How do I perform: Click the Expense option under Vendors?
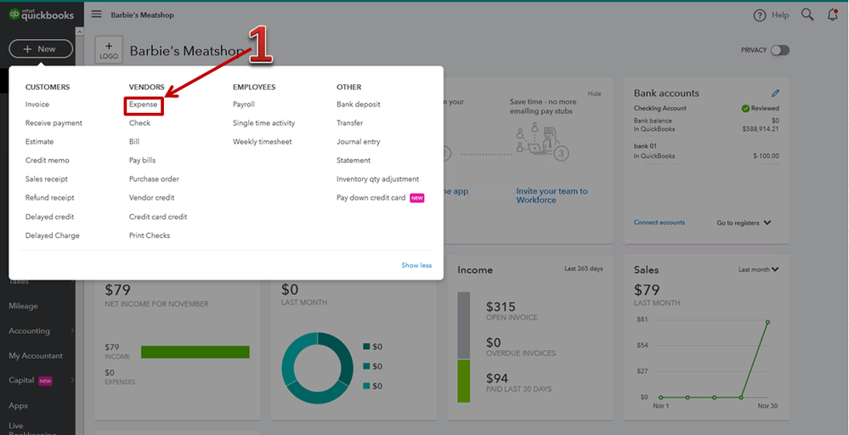[x=143, y=105]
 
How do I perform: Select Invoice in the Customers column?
[x=37, y=105]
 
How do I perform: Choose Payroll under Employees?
[x=244, y=105]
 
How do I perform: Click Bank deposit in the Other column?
[x=359, y=105]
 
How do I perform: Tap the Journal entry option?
[x=359, y=142]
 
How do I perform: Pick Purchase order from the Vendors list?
[x=154, y=179]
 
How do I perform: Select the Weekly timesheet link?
[x=262, y=142]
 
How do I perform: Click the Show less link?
[x=416, y=266]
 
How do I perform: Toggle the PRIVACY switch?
[x=779, y=50]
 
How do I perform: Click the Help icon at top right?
[x=760, y=15]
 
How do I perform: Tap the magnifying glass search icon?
[x=807, y=15]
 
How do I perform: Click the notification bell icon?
[x=832, y=15]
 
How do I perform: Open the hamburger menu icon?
[x=96, y=14]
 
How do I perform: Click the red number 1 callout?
[x=259, y=47]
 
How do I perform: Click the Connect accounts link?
[x=659, y=223]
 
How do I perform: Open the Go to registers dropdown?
[x=744, y=223]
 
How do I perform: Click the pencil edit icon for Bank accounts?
[x=775, y=93]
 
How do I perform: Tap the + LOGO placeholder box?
[x=109, y=51]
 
